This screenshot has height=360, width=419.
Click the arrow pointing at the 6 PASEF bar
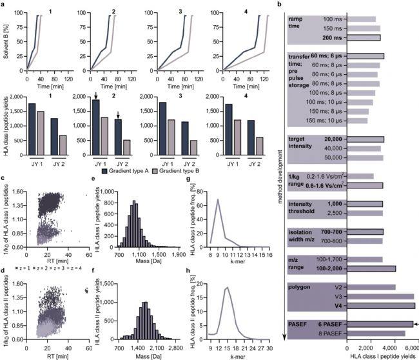(416, 324)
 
